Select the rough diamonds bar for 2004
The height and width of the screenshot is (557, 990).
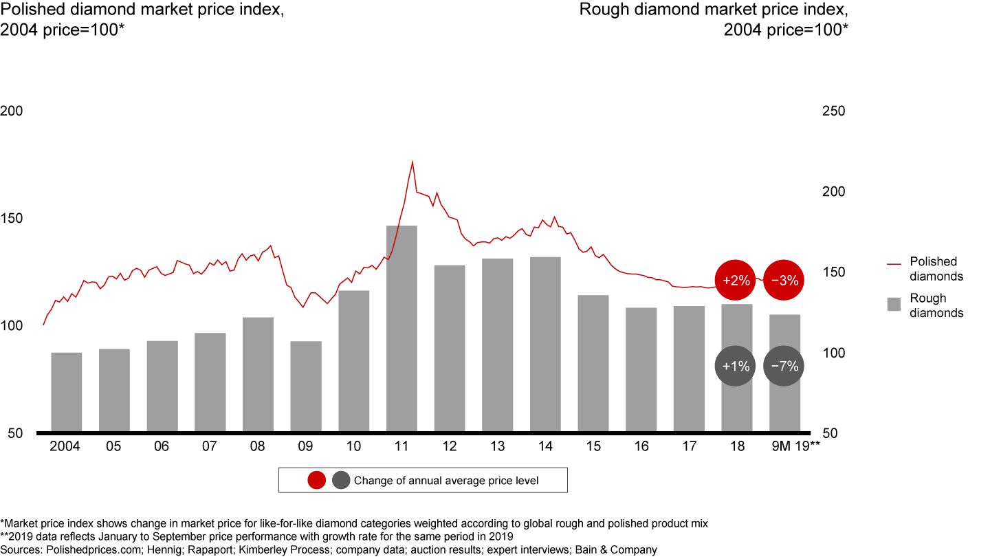point(67,392)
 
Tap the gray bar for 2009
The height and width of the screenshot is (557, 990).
point(305,386)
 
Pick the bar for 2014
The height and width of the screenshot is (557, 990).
point(545,345)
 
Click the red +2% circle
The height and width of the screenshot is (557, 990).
point(736,281)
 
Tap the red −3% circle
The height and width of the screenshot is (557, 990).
point(784,281)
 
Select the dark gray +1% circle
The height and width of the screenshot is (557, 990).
point(736,367)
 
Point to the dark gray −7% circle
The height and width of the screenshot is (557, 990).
point(784,367)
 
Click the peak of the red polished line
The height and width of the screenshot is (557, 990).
point(412,162)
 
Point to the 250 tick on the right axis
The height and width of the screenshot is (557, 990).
point(833,111)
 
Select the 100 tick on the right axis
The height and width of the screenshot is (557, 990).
point(833,353)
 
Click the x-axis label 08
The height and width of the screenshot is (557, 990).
point(257,446)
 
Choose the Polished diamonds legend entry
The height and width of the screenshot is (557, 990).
point(936,269)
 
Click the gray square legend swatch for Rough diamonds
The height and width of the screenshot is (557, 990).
point(894,305)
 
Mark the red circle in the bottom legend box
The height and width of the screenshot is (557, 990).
point(317,481)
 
